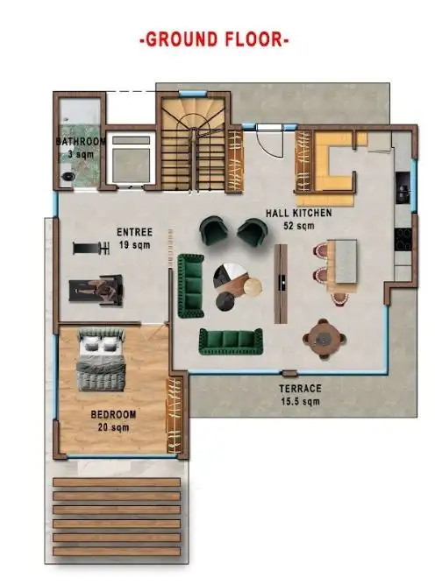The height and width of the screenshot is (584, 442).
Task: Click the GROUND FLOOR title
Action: pyautogui.click(x=214, y=39)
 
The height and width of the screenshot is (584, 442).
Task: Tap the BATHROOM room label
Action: pyautogui.click(x=81, y=142)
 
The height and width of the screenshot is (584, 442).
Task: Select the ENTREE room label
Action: pyautogui.click(x=135, y=232)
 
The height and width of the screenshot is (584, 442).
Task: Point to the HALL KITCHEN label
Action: pyautogui.click(x=299, y=213)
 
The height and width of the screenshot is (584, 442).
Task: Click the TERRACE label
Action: pyautogui.click(x=300, y=389)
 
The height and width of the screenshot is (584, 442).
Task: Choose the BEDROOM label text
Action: pyautogui.click(x=113, y=414)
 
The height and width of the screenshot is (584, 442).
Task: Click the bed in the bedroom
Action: pyautogui.click(x=101, y=359)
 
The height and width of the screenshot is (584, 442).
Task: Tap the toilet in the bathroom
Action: pyautogui.click(x=68, y=176)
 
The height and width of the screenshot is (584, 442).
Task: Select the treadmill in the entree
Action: pyautogui.click(x=96, y=290)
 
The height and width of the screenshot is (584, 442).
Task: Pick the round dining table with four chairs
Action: pyautogui.click(x=324, y=339)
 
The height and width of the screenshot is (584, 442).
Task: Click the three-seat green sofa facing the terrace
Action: pyautogui.click(x=231, y=341)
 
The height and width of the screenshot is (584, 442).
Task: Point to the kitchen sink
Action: pyautogui.click(x=403, y=187)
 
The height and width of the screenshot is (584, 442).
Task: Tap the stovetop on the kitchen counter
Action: pyautogui.click(x=403, y=239)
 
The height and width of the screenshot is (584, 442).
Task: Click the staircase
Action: pyautogui.click(x=193, y=144)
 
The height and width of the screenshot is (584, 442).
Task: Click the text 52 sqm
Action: pyautogui.click(x=299, y=226)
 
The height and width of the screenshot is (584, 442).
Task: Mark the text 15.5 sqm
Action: pyautogui.click(x=300, y=402)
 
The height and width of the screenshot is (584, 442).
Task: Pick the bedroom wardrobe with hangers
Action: pyautogui.click(x=174, y=415)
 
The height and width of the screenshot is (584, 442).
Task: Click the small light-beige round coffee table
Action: pyautogui.click(x=253, y=287)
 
